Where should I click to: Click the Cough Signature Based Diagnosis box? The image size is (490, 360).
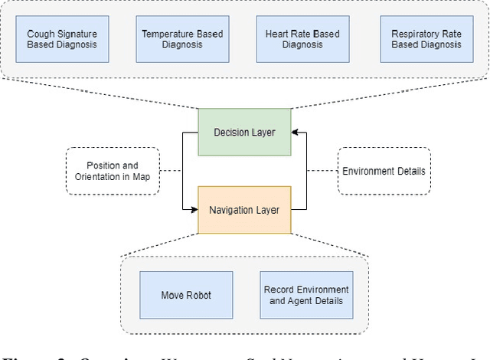click(61, 39)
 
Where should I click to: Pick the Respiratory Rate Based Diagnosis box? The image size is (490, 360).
click(426, 39)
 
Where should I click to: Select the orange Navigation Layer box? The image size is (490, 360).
click(244, 208)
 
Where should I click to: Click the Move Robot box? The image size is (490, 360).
click(187, 295)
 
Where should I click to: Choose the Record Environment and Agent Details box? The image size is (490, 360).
click(306, 295)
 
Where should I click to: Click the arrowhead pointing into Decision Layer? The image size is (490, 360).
click(295, 133)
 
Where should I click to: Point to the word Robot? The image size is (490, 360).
click(200, 295)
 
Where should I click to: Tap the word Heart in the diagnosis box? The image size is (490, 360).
click(278, 34)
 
